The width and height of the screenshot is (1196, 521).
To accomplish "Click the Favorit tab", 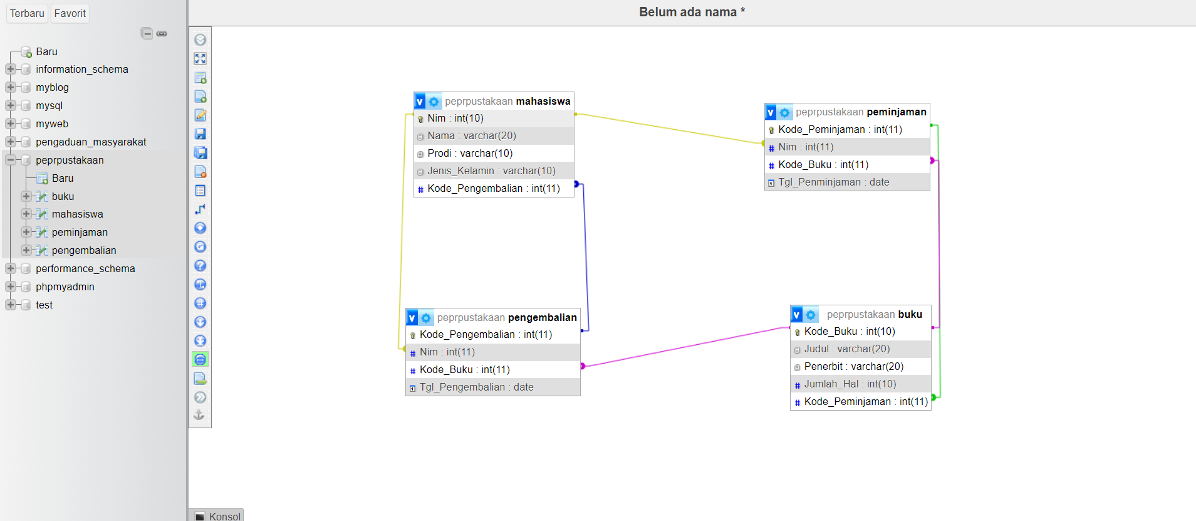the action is (70, 13).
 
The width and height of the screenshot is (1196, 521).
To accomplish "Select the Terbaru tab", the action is (27, 13).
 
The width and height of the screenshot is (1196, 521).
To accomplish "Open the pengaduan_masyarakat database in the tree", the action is (91, 142).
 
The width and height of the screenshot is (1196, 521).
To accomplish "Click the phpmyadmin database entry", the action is (65, 287).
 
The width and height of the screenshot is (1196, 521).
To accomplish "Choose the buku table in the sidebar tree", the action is (63, 196).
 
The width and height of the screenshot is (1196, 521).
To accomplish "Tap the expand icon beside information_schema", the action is (11, 69).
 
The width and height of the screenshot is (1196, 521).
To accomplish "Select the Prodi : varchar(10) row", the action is (470, 153).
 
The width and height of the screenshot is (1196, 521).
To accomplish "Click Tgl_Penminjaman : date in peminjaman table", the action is (834, 182).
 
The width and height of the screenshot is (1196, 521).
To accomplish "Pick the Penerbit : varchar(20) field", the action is (854, 366).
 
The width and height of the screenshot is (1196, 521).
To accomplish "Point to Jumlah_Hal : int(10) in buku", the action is (850, 384).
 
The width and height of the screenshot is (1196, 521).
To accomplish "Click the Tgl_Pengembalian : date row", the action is (477, 387).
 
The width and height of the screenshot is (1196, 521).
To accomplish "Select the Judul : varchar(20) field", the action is (847, 349).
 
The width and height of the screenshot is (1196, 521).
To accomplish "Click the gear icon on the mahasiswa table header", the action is (434, 101).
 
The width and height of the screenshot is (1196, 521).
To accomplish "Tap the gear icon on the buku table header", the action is (811, 314).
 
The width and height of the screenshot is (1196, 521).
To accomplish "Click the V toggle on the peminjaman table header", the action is (771, 112).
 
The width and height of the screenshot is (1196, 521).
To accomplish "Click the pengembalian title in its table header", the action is (543, 317).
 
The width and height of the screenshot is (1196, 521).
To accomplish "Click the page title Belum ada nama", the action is (688, 12).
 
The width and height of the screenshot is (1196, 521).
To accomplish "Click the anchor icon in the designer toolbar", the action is (199, 415).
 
